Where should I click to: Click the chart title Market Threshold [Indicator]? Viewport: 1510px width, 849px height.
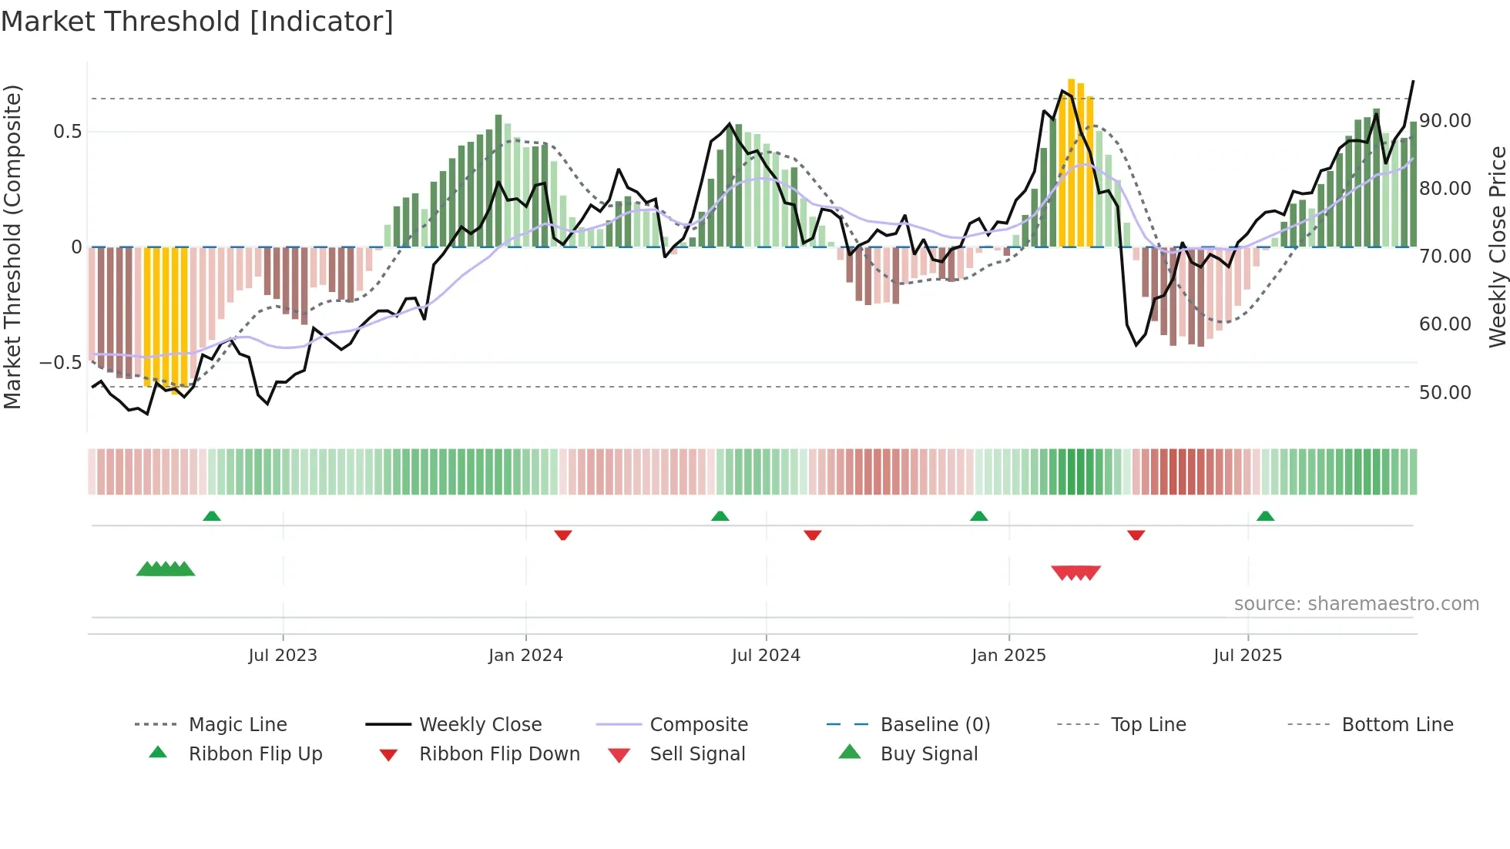197,22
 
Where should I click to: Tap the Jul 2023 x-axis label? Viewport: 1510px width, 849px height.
283,656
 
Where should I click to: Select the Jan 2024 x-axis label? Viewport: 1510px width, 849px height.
525,656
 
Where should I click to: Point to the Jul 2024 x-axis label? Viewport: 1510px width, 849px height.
766,656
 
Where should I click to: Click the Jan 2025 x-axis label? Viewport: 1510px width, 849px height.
1008,656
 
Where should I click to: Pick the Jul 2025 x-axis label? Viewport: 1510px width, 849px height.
1247,656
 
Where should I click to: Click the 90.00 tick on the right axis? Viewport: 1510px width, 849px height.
1445,121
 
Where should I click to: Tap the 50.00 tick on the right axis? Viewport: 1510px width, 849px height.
1445,393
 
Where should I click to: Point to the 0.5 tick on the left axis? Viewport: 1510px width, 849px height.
67,132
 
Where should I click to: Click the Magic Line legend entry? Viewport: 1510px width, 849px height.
237,725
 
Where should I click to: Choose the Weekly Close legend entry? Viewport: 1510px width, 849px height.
480,725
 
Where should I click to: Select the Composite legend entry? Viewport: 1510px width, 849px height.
698,725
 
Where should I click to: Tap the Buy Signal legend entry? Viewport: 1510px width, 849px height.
928,754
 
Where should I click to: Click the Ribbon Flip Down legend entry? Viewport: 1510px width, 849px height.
499,754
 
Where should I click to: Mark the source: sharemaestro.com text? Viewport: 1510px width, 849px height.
1356,604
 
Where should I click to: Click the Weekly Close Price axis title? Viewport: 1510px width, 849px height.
1497,247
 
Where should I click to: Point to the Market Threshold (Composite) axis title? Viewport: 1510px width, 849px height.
12,247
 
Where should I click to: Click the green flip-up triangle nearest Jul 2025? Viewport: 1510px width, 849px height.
1265,516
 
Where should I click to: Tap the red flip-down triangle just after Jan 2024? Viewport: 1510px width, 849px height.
563,535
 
